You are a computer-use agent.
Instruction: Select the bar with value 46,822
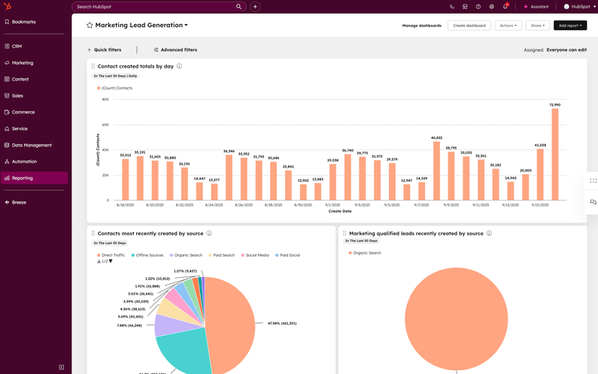436,170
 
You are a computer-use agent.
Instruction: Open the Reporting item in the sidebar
23,178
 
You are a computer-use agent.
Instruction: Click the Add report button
569,26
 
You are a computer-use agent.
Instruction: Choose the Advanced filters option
175,50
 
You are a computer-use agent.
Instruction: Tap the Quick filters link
105,50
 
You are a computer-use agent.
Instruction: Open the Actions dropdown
508,26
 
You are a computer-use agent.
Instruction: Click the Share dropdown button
537,26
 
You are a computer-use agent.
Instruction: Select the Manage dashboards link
421,26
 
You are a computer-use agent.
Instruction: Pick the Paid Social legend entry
290,255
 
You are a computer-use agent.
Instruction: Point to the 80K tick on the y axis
105,99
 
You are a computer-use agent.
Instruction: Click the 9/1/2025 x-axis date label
332,205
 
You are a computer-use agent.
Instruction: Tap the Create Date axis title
340,211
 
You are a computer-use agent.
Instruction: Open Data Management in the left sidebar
32,145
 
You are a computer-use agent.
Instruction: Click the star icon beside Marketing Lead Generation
90,26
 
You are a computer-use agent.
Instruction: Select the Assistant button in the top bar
536,7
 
